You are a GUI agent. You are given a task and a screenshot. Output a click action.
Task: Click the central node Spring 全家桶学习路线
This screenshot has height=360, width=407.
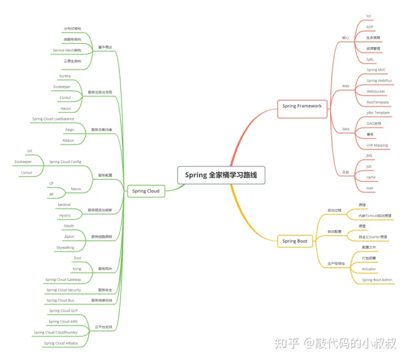221,175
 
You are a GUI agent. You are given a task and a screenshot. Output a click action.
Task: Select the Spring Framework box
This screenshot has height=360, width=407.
302,106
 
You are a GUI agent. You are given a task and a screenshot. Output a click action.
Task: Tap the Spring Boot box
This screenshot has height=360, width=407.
295,241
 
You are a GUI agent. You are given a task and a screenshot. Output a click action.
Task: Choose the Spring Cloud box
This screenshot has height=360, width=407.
146,191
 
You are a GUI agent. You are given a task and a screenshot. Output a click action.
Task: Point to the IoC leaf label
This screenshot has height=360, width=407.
369,16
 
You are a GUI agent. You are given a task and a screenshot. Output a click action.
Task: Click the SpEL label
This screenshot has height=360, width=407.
370,59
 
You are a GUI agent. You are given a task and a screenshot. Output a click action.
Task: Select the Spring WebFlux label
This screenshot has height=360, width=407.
379,81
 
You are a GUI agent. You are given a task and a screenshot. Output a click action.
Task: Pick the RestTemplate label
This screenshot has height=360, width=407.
378,102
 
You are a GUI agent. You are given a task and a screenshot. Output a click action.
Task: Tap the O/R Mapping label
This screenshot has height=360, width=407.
377,145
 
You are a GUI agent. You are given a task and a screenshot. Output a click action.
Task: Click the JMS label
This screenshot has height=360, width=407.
369,155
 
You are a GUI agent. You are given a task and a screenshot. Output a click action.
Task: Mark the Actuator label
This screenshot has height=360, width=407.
369,269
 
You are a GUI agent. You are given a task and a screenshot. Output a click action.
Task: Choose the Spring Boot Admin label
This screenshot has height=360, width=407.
377,280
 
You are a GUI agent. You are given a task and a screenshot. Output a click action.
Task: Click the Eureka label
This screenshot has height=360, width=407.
65,76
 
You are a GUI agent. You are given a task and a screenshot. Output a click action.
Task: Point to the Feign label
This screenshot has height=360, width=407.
70,129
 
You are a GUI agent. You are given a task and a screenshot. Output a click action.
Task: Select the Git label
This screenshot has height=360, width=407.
29,151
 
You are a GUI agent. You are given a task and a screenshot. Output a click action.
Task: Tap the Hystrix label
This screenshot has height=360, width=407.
65,215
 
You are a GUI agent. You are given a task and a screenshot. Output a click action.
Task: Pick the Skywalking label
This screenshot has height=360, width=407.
65,248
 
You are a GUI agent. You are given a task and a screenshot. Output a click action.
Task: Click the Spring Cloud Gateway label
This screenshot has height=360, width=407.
63,279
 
